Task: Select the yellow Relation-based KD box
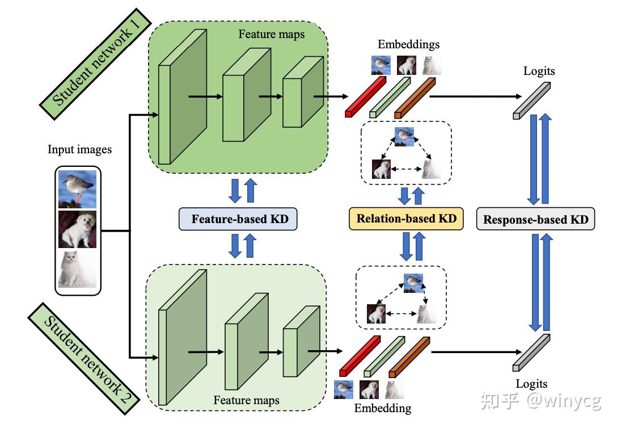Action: [406, 218]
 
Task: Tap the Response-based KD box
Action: [535, 219]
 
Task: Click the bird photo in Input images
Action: [77, 188]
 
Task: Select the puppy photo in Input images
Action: [77, 229]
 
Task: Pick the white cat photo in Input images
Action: [77, 269]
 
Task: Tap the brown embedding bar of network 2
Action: [409, 356]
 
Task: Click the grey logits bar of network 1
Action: [532, 101]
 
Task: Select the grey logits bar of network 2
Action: [532, 353]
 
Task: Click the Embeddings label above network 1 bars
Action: [408, 44]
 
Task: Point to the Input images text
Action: [80, 150]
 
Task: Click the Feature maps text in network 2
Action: [246, 401]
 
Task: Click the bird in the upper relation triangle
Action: [404, 135]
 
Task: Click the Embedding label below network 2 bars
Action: [383, 408]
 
